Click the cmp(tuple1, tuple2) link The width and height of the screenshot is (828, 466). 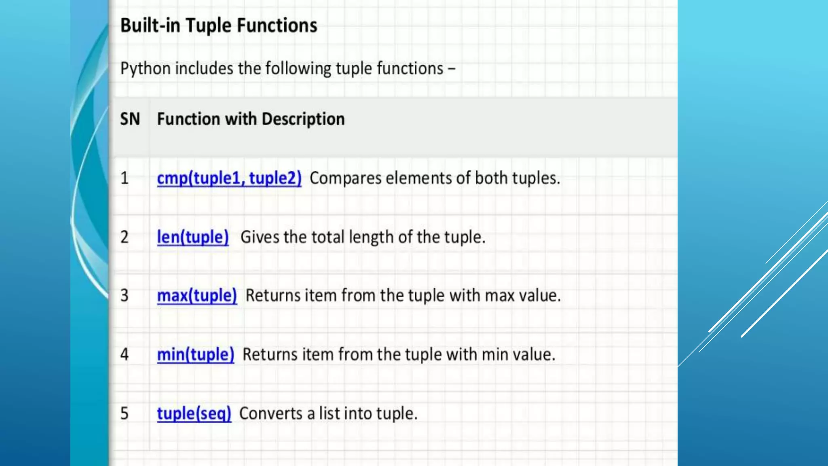(229, 178)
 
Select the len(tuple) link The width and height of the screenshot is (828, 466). (192, 237)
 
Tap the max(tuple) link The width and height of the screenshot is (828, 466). (196, 296)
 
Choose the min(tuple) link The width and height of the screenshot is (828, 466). (195, 355)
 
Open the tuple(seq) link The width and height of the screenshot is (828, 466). (194, 414)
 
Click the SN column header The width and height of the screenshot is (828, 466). (130, 119)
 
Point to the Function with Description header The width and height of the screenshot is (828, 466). (251, 119)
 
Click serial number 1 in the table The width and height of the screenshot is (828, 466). (125, 178)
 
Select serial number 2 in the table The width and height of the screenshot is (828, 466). (125, 237)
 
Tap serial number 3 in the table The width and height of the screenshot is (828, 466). (125, 296)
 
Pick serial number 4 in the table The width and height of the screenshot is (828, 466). (125, 355)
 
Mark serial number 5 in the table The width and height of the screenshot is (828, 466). (125, 414)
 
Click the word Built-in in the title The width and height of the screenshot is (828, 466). (150, 25)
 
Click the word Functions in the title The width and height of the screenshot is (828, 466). (277, 25)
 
